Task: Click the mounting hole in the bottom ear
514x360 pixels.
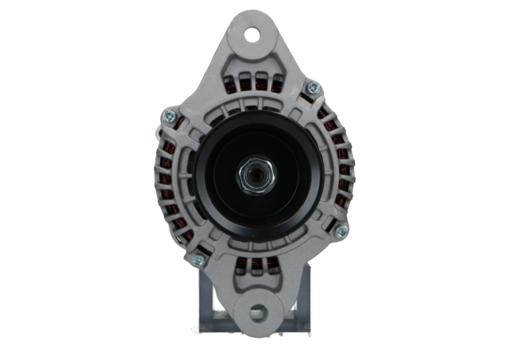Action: [258, 312]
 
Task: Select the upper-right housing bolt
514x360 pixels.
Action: [312, 88]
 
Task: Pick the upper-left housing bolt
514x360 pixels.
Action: [169, 116]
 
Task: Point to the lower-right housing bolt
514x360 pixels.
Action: [341, 231]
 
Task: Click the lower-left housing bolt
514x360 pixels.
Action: [198, 260]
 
